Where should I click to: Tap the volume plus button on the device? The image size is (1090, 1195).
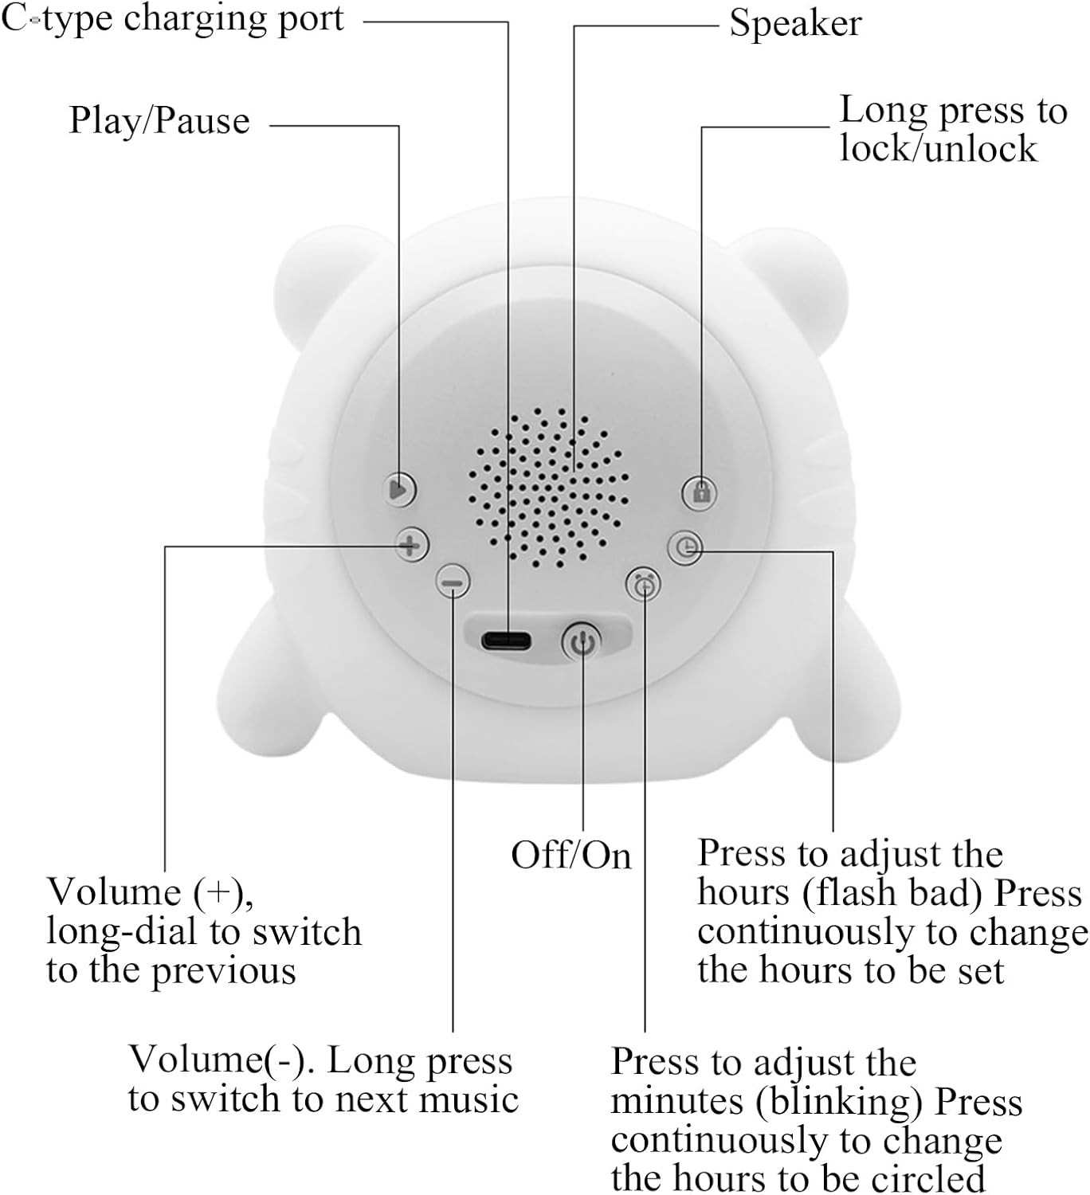[x=410, y=546]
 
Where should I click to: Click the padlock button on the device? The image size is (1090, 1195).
[x=700, y=492]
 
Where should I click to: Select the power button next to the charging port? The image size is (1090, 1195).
[x=582, y=641]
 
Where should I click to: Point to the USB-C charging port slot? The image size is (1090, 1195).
[x=506, y=640]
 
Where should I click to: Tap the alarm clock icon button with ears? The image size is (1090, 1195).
[x=644, y=586]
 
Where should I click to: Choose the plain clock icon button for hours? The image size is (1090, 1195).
[x=686, y=547]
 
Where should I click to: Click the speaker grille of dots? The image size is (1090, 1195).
[x=548, y=488]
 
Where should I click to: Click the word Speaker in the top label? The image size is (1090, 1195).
[x=795, y=23]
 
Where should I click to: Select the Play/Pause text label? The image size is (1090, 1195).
[x=159, y=121]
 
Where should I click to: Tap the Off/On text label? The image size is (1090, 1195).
[x=570, y=856]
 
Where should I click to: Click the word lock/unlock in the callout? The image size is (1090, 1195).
[x=938, y=148]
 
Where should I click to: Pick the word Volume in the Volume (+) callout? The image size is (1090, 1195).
[x=114, y=891]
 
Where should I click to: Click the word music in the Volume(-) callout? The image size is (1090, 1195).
[x=469, y=1099]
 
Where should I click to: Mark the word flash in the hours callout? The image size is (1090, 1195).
[x=849, y=892]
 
